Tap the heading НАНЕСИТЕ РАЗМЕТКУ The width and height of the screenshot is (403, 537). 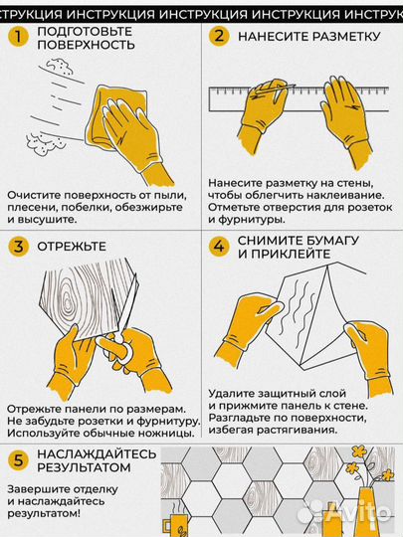(308, 37)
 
